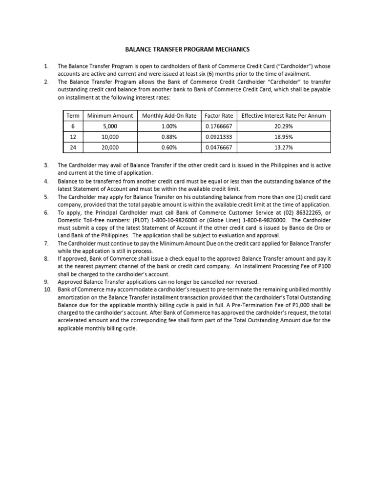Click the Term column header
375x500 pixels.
(72, 115)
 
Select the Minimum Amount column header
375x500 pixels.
(110, 115)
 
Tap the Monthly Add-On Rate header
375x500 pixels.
(169, 115)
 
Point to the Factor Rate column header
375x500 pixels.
(219, 115)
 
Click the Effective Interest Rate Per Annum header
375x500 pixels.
(284, 115)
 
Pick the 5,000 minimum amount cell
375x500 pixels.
(110, 125)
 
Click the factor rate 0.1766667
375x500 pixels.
(219, 125)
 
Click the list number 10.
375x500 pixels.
(47, 290)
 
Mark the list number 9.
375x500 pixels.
(46, 282)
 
